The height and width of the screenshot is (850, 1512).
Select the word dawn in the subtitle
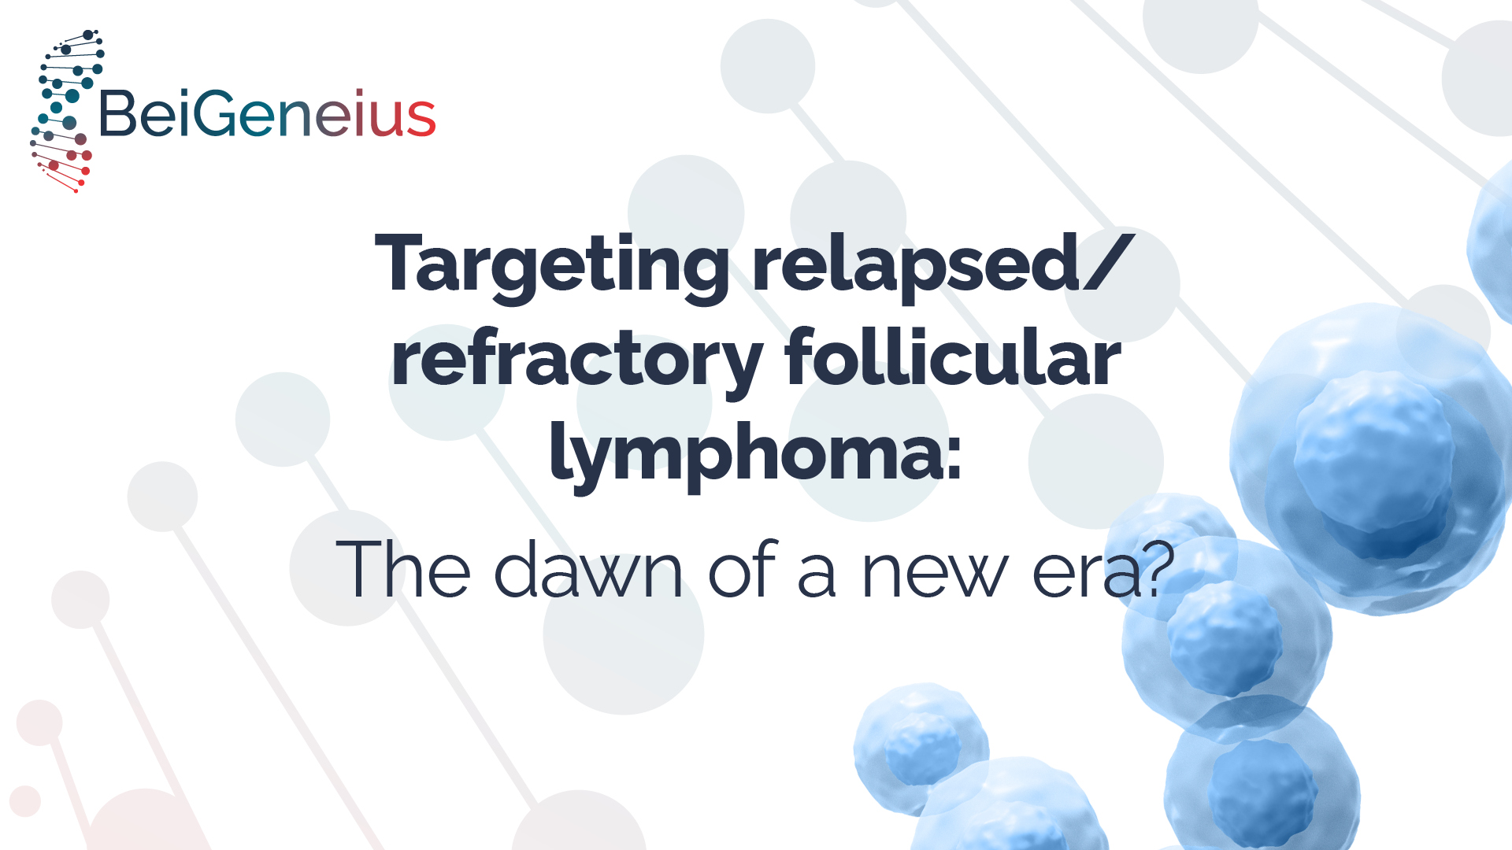pos(588,568)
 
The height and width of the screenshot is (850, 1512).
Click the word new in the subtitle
pos(935,574)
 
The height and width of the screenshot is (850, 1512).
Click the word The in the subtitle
pos(403,568)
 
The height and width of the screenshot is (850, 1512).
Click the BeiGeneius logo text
pos(267,113)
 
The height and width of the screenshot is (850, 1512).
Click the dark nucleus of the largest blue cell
pos(1374,464)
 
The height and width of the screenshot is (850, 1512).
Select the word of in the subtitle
pos(743,568)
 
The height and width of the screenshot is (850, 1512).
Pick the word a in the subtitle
pos(817,575)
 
